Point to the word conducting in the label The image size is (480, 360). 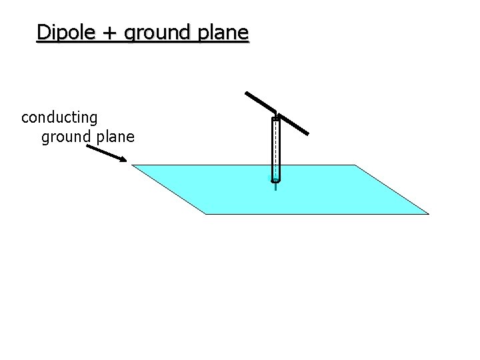pos(59,118)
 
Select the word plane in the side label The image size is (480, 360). pos(115,138)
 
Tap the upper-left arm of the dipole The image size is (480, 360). pos(260,101)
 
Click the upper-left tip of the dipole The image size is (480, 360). pos(246,92)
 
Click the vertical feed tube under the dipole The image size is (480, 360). pos(276,150)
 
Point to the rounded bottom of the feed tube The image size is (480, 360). pos(276,180)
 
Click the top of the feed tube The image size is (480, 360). pos(276,119)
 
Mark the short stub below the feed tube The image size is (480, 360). pos(275,187)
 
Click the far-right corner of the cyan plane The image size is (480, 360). pos(428,214)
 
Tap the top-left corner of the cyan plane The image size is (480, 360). pos(132,165)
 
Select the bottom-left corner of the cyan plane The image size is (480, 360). pos(205,214)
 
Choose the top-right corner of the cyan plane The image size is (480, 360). pos(355,165)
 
